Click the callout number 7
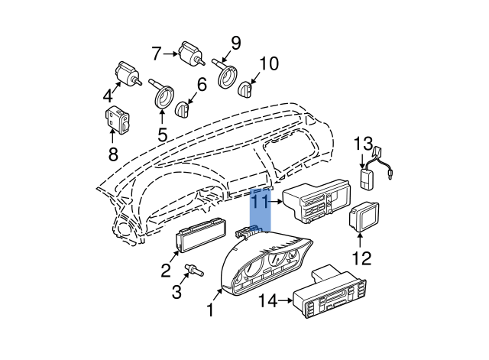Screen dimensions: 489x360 coord(157,54)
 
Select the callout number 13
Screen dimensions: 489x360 coord(363,144)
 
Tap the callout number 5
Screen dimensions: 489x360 coord(162,135)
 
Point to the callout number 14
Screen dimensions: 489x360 coord(268,301)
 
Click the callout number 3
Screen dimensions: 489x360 coord(176,292)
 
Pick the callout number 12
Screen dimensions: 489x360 coord(361,258)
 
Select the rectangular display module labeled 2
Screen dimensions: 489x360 coord(199,235)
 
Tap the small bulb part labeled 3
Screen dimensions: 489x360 coord(194,270)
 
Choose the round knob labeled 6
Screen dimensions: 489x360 coord(183,109)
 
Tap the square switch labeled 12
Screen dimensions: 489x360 coord(364,217)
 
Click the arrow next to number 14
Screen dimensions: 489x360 coord(285,300)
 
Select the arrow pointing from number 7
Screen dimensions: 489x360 coord(170,54)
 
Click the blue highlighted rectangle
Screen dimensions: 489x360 coord(261,209)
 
